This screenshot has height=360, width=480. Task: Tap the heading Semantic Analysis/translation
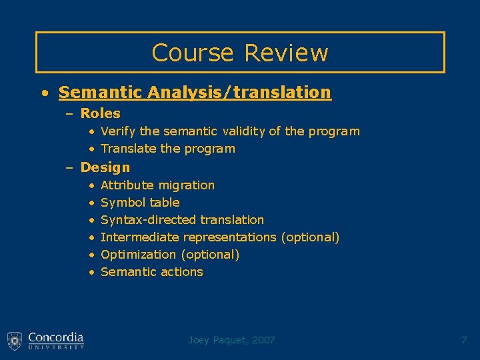[x=194, y=92]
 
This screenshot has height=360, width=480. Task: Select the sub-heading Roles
[x=100, y=113]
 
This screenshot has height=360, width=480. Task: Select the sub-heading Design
[x=105, y=167]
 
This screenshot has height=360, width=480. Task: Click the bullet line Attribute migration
[x=157, y=185]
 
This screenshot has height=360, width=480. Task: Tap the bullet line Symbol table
[x=140, y=203]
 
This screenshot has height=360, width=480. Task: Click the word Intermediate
[x=140, y=237]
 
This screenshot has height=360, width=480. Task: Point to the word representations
[x=230, y=237]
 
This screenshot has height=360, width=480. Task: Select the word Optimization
[x=138, y=255]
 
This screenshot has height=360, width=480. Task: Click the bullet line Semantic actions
[x=151, y=272]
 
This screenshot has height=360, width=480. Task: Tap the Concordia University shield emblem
[x=15, y=341]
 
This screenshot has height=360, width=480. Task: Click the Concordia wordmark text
[x=56, y=337]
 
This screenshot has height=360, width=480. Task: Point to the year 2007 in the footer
[x=263, y=340]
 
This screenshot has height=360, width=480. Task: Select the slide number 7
[x=464, y=340]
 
